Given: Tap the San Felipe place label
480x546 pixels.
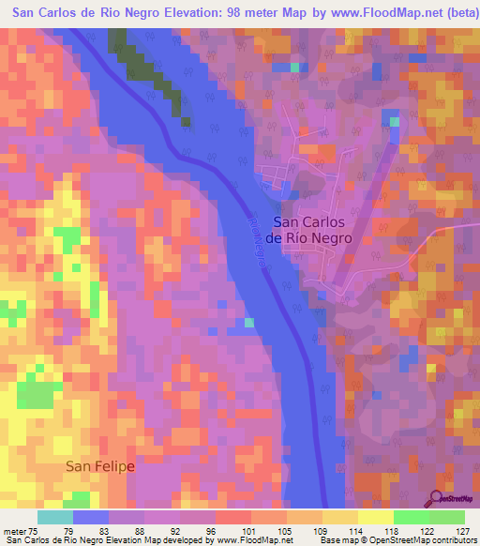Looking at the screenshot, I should pyautogui.click(x=100, y=466).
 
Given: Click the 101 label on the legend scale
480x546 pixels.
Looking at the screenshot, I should pyautogui.click(x=231, y=531).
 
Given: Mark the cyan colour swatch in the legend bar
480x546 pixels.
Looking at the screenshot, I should pyautogui.click(x=55, y=517).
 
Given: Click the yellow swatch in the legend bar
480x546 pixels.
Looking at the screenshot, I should pyautogui.click(x=375, y=517).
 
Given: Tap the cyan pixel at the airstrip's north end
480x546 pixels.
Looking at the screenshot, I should pyautogui.click(x=394, y=121).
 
